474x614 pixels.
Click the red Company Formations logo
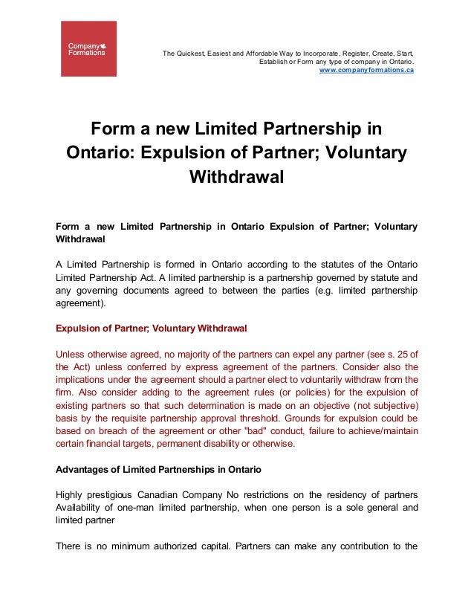point(88,48)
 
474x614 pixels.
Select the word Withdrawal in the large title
point(237,178)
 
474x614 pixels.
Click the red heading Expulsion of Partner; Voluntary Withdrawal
point(152,328)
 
